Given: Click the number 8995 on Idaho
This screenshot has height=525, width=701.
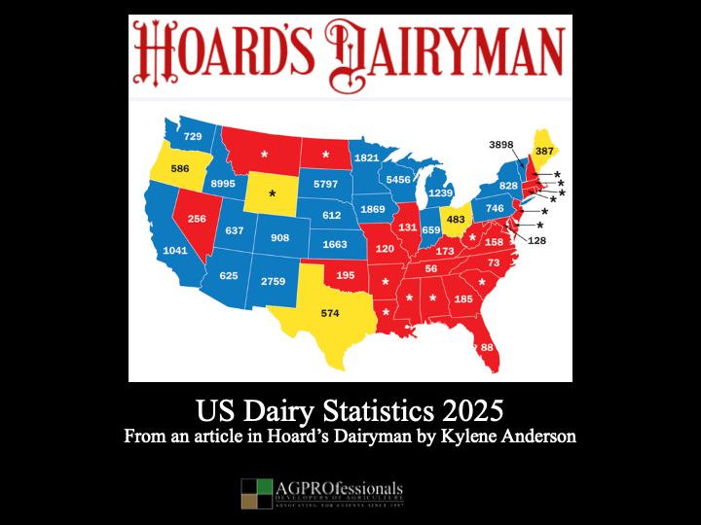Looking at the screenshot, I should (224, 183).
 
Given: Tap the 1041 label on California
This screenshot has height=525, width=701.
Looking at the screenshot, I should (175, 251).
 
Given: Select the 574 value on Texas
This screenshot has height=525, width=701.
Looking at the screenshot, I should (330, 313).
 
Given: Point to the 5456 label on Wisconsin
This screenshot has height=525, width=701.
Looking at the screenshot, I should (399, 180).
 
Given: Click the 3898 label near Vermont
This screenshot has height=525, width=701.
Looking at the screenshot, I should (501, 145).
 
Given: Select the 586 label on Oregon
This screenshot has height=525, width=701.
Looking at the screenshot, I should (179, 169).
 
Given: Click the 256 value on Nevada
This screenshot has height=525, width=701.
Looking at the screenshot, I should (197, 219).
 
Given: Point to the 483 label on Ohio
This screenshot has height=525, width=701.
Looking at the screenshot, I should (457, 219).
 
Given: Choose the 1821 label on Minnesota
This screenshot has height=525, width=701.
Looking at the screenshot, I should (366, 157).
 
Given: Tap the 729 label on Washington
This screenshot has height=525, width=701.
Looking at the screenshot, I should (193, 137).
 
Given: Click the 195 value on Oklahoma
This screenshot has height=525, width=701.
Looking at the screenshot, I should (346, 276).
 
